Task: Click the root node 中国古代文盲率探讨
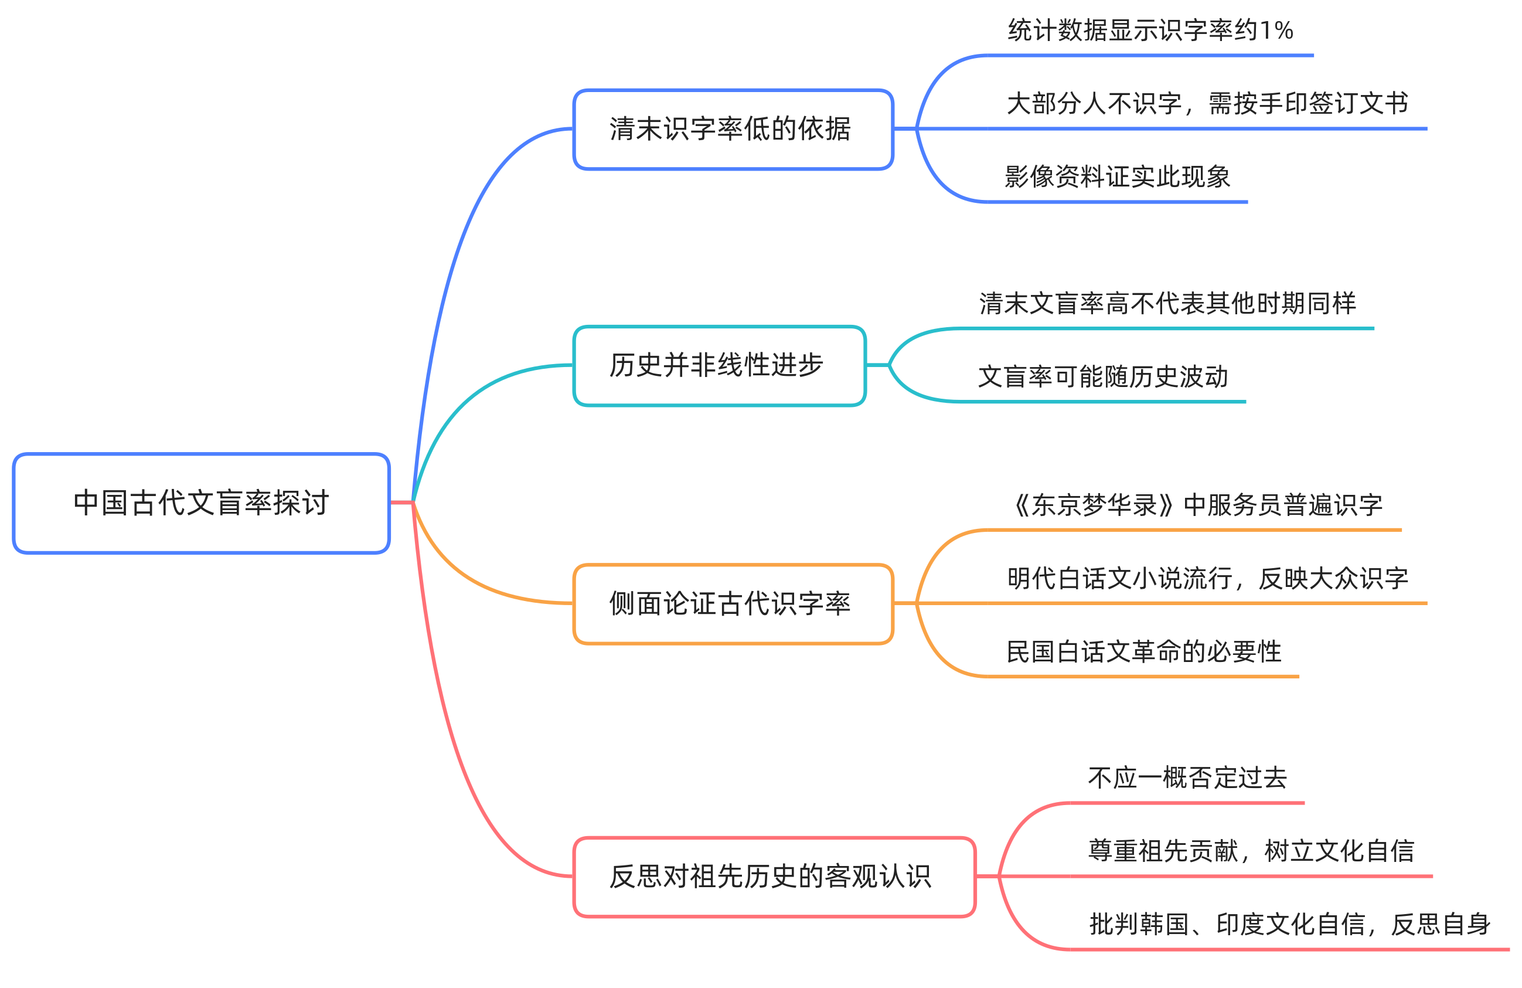click(201, 503)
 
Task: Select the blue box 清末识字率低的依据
click(733, 129)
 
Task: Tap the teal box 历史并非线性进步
click(720, 365)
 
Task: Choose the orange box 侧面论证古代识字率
click(733, 603)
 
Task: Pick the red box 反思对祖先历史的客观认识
click(774, 877)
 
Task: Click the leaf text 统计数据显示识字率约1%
click(1150, 30)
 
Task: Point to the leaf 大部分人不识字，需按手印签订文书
click(1207, 104)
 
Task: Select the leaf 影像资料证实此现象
click(1117, 176)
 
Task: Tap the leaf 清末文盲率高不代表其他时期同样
click(1167, 303)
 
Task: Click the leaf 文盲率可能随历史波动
click(1103, 377)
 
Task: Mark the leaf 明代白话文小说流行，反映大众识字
click(1207, 579)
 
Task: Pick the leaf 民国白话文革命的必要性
click(1143, 651)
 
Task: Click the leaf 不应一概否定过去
click(1187, 778)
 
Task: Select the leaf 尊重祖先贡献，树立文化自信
click(1251, 851)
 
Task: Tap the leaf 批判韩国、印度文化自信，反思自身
click(1289, 925)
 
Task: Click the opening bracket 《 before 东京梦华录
click(1021, 505)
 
